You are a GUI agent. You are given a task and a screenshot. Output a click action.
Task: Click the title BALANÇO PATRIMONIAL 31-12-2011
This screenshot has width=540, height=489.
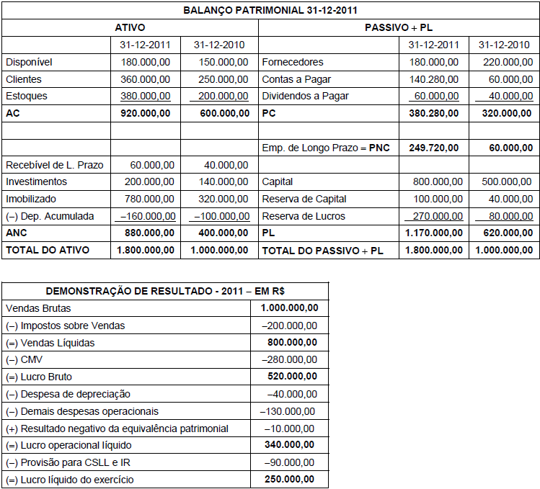point(270,10)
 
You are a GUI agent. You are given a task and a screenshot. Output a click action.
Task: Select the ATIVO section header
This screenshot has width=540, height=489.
point(130,27)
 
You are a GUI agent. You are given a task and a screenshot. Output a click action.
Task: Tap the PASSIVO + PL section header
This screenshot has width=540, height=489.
point(399,27)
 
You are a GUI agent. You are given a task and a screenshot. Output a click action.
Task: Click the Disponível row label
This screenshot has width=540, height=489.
point(29,62)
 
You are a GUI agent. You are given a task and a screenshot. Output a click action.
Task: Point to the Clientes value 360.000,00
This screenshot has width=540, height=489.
point(146,79)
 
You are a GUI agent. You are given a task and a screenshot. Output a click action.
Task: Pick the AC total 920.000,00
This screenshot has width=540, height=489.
point(146,113)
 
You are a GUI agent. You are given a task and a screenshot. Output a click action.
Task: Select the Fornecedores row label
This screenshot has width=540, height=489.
point(293,62)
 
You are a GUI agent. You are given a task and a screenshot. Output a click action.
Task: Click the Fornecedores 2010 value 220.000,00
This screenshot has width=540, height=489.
point(504,62)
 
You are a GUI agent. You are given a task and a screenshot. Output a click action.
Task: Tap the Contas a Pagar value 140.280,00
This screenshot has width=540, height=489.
point(433,79)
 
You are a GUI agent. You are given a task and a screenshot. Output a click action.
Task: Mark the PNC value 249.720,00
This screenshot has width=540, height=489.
point(433,148)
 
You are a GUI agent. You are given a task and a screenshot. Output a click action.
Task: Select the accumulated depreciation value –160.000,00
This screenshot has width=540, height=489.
point(147,216)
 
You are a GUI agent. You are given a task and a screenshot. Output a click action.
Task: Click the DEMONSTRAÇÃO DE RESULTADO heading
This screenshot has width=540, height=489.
point(165,291)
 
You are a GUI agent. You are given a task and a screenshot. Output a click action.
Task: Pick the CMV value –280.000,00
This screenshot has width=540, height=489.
point(290,359)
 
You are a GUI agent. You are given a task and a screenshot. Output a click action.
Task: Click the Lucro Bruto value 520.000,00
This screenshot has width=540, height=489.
point(290,377)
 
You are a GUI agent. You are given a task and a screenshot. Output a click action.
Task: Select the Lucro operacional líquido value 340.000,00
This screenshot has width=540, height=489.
point(290,445)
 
